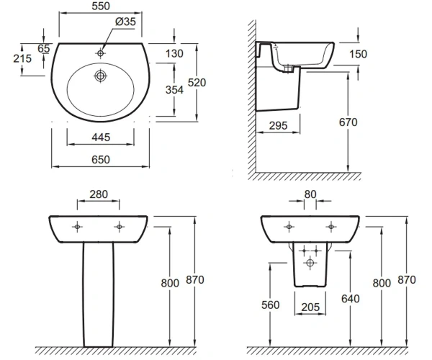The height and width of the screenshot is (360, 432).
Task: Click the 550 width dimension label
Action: (101, 6)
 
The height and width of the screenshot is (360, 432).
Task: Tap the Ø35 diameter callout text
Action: (125, 22)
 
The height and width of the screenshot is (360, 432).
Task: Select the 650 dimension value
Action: (101, 160)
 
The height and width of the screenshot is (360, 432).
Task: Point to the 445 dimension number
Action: (101, 138)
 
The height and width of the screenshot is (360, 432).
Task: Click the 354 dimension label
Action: (174, 90)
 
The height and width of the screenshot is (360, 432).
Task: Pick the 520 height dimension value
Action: (197, 83)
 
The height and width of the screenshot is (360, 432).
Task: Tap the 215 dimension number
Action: (22, 58)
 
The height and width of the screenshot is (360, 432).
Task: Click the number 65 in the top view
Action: (44, 48)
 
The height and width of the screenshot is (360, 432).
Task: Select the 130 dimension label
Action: (174, 53)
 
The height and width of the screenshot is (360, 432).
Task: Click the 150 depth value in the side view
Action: (358, 54)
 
